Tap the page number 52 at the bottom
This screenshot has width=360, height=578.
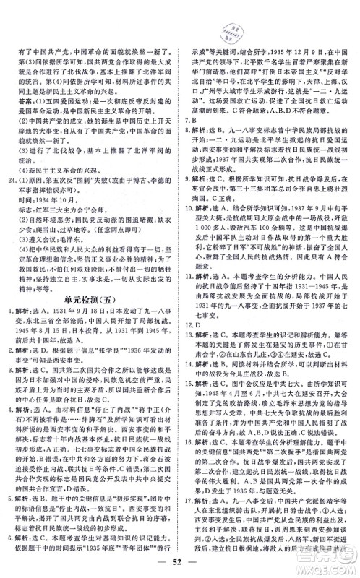[180, 563]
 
